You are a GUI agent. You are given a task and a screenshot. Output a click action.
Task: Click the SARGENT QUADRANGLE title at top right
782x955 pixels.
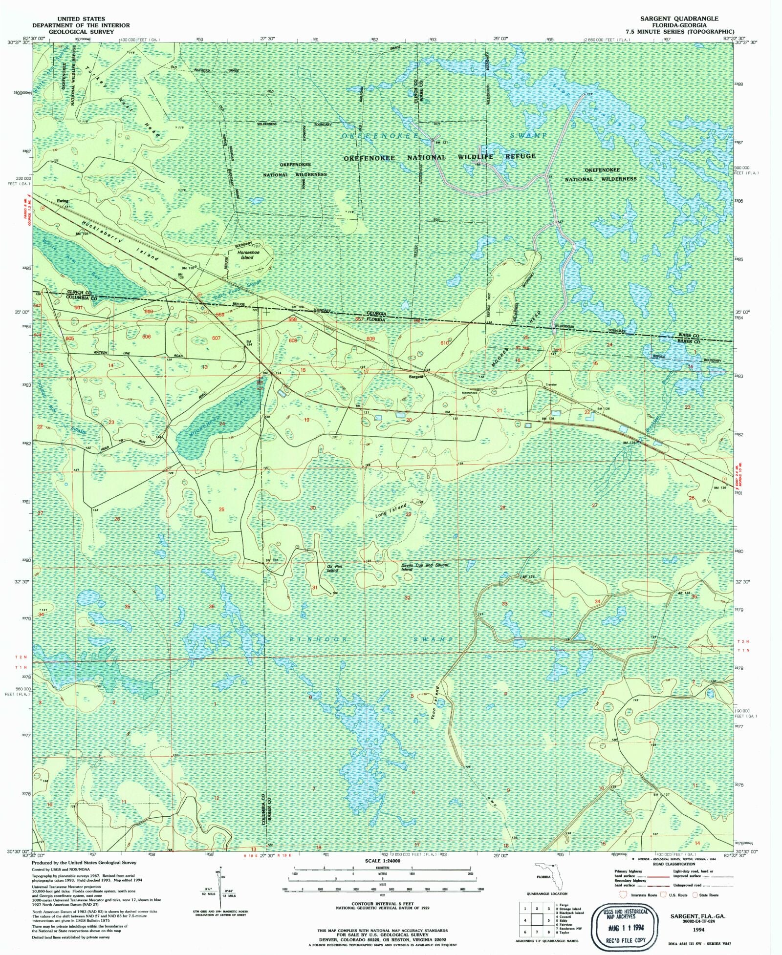click(x=679, y=19)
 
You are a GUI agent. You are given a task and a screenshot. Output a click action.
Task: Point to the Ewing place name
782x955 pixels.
click(x=63, y=201)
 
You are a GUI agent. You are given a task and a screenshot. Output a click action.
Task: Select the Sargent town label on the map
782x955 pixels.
click(x=416, y=377)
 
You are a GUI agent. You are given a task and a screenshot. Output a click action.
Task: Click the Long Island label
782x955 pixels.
click(x=391, y=510)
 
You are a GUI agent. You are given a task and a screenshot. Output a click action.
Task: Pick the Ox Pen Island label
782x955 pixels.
click(x=334, y=569)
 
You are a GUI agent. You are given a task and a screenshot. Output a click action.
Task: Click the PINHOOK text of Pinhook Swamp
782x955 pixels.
click(x=318, y=639)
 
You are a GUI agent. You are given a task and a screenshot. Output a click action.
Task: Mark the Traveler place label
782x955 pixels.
click(x=551, y=385)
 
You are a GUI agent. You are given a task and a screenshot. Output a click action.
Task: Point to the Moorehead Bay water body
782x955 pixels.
click(x=217, y=420)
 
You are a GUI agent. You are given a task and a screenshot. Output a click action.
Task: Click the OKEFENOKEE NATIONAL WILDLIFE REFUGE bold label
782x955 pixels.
click(x=439, y=157)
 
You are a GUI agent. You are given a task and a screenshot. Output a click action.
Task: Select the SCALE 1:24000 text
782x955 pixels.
click(x=382, y=861)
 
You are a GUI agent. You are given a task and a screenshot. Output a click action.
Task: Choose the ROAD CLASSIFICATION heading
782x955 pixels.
click(x=673, y=864)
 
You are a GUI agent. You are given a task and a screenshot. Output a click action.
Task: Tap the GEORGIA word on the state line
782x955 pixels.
click(x=376, y=314)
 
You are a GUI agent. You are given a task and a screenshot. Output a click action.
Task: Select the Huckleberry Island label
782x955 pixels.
click(x=120, y=239)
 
